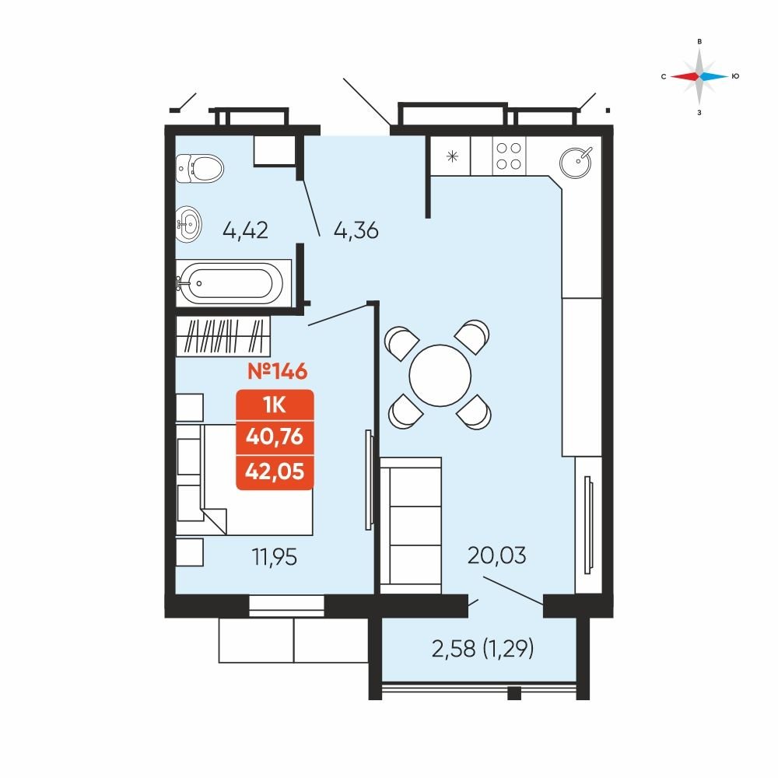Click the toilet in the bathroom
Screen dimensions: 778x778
(x=199, y=168)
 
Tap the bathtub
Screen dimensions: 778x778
(x=230, y=283)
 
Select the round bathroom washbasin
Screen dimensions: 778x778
(x=188, y=225)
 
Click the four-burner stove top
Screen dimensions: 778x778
(x=509, y=156)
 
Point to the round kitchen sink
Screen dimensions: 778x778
(x=576, y=162)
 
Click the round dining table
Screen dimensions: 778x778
(x=440, y=375)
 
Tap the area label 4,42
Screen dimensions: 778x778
(x=246, y=230)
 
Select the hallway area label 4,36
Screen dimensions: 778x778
(x=356, y=230)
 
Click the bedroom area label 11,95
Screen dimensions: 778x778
(x=275, y=557)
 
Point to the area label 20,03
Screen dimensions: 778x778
(x=496, y=555)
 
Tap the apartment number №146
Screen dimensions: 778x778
(x=278, y=371)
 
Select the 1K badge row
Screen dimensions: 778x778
(x=275, y=405)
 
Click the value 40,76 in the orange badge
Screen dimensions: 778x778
(x=275, y=436)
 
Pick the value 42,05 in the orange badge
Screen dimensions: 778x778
(x=275, y=471)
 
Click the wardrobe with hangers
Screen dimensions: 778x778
(x=223, y=336)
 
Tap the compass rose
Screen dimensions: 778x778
(x=699, y=76)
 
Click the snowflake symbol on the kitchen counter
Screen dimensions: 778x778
(x=452, y=157)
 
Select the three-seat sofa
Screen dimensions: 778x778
(x=410, y=525)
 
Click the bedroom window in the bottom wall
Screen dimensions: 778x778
(x=286, y=605)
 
